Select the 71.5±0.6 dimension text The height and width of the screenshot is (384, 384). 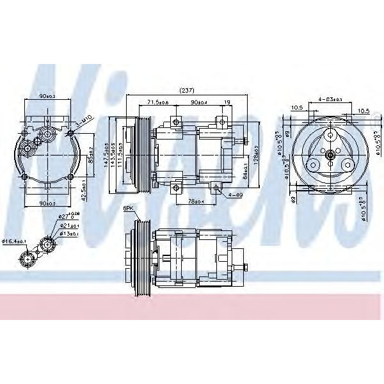coord(157,102)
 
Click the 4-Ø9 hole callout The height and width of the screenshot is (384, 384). coord(234,194)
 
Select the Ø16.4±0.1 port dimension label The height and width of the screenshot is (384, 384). coord(13,241)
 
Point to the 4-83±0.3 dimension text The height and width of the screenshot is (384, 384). coord(330,100)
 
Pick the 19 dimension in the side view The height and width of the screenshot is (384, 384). coord(227,102)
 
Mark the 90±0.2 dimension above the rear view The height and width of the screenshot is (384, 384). coord(46,96)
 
